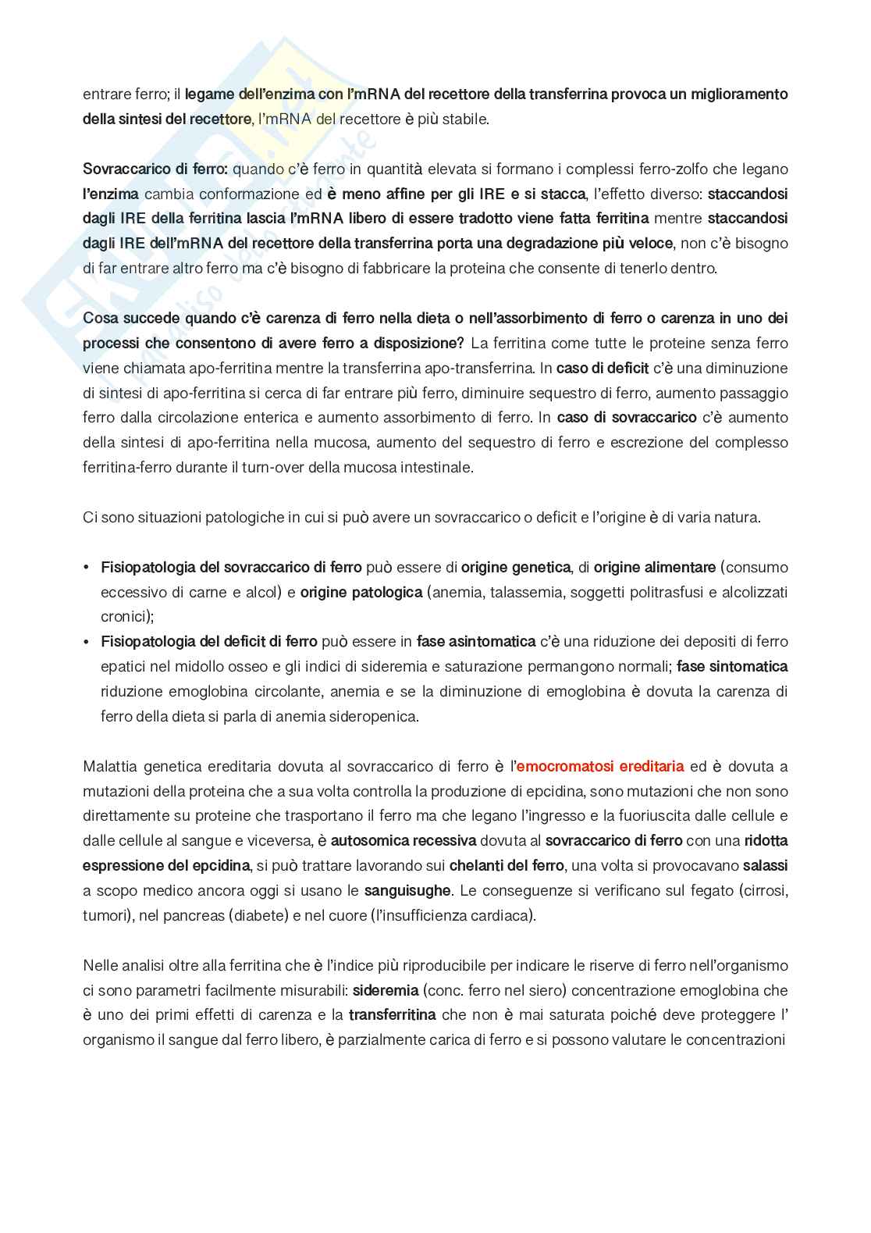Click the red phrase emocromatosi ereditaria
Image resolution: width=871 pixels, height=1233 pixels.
[599, 766]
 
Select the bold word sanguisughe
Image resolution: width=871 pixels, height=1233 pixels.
[407, 890]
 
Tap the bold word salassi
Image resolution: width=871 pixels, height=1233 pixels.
[765, 865]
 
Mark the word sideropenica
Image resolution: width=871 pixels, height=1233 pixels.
[374, 716]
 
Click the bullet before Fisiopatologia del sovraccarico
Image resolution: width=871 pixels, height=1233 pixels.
[87, 567]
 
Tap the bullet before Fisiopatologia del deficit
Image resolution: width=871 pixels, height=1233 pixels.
[87, 642]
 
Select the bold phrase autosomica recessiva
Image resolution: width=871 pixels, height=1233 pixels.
[403, 840]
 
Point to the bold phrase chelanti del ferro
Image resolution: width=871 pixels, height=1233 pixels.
[506, 865]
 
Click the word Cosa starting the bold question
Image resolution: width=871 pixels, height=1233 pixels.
[101, 318]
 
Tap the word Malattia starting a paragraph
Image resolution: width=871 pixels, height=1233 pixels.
[109, 766]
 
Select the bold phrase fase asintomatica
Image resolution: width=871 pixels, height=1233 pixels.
[475, 642]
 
